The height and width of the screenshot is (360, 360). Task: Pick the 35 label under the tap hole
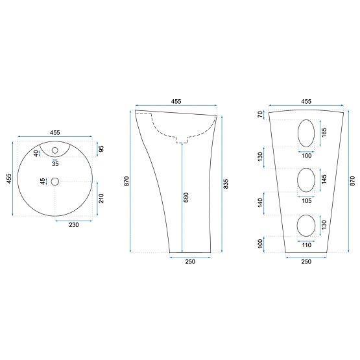[55, 163]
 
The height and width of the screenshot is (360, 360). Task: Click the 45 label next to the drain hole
[43, 182]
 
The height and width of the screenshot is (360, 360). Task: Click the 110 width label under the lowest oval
[306, 245]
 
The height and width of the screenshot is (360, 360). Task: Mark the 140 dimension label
[260, 203]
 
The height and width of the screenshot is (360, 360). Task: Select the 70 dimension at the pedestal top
[260, 115]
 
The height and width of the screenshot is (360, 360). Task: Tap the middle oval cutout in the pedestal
[306, 181]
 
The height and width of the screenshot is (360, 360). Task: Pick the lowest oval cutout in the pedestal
[306, 225]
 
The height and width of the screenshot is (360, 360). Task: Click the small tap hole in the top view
[55, 151]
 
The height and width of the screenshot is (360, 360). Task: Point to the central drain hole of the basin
[55, 182]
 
